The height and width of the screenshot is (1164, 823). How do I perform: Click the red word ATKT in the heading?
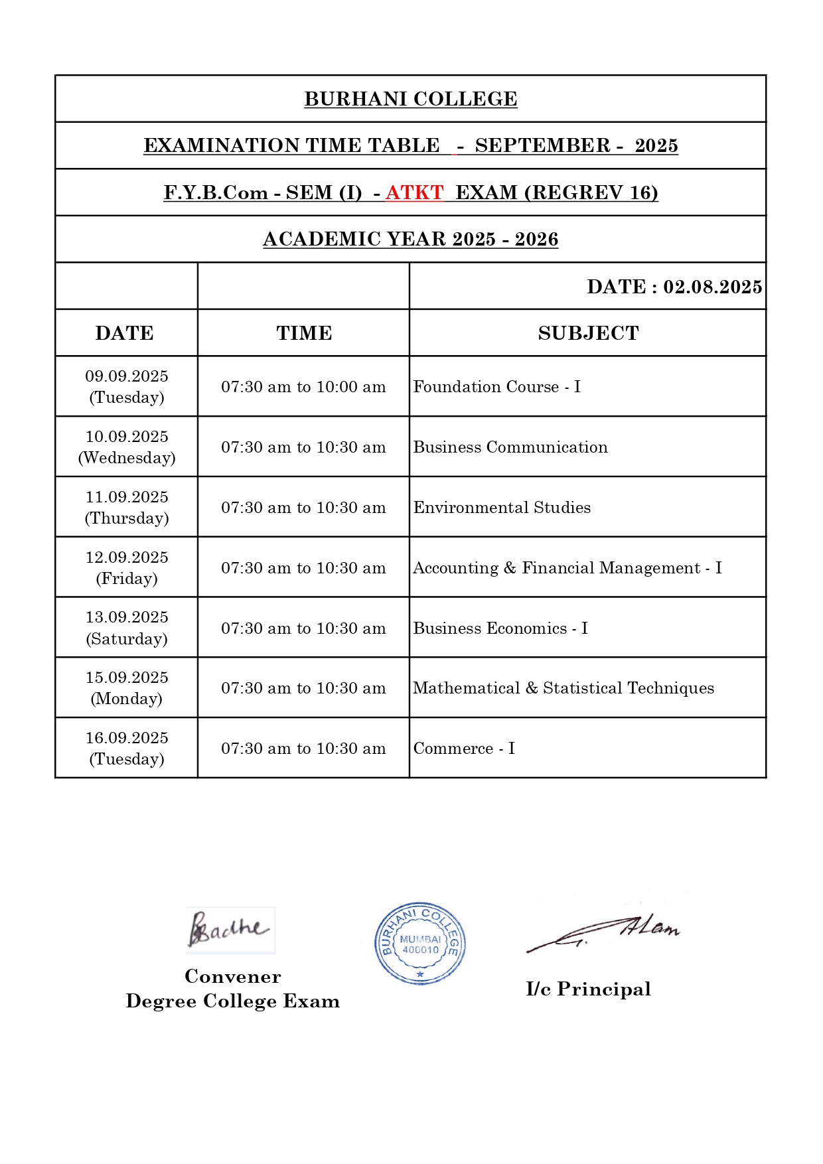pos(414,192)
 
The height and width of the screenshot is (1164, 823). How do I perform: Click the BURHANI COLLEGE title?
pos(410,99)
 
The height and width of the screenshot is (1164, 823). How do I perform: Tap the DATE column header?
pos(125,333)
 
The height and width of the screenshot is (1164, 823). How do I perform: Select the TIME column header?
pos(304,333)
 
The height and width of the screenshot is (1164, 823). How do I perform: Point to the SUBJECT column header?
pos(588,333)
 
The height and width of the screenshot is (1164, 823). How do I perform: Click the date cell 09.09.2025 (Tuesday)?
pos(127,386)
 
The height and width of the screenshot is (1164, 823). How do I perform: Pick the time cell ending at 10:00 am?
pos(303,387)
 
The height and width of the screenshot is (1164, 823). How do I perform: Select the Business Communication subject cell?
pos(510,447)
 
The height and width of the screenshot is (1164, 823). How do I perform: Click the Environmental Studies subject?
pos(502,508)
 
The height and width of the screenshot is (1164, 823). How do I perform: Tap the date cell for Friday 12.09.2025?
pos(127,567)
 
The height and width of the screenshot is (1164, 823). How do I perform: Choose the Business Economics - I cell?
pos(500,628)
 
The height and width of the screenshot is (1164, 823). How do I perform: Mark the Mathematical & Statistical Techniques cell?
pos(563,688)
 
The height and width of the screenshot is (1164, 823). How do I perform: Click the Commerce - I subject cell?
pos(464,749)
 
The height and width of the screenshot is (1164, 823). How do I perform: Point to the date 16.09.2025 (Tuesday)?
pos(127,748)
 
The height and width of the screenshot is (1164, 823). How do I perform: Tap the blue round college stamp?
pos(419,943)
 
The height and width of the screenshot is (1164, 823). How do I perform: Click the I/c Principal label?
pos(588,989)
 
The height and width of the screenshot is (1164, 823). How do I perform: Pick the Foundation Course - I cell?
pos(496,387)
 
